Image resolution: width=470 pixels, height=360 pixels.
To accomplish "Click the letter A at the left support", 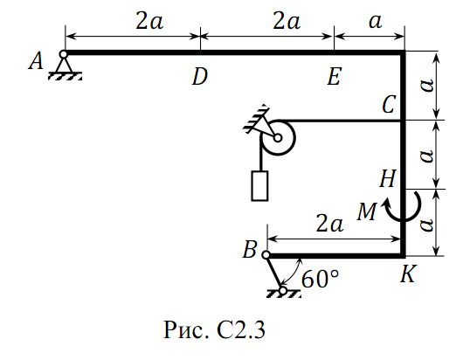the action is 36,61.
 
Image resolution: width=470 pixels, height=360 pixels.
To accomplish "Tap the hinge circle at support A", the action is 63,54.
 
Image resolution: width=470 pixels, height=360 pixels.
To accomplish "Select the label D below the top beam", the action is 200,77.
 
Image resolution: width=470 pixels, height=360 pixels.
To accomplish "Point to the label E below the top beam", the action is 334,76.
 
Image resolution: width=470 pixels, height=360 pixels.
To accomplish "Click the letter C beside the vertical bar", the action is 389,105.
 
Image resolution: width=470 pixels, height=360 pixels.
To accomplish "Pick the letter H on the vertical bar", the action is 388,178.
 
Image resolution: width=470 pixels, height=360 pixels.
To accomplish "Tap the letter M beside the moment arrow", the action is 367,212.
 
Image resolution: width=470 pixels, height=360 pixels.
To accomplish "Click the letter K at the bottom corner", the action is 408,273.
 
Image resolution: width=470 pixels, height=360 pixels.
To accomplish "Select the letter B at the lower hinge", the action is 249,250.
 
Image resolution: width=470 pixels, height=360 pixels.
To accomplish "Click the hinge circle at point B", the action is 266,255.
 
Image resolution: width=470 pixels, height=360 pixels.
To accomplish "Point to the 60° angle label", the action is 320,280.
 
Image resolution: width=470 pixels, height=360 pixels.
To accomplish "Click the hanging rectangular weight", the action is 259,185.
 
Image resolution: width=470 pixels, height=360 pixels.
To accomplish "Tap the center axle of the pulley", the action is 278,138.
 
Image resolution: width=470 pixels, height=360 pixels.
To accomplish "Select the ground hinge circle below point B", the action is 283,291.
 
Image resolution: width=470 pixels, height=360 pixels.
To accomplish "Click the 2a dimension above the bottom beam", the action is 329,224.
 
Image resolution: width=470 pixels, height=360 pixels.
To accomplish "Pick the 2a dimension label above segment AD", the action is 149,21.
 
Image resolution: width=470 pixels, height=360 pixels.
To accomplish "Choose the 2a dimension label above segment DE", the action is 287,21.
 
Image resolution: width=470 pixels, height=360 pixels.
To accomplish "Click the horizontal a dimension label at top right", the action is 376,22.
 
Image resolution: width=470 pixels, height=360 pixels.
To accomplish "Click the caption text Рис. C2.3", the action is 214,330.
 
